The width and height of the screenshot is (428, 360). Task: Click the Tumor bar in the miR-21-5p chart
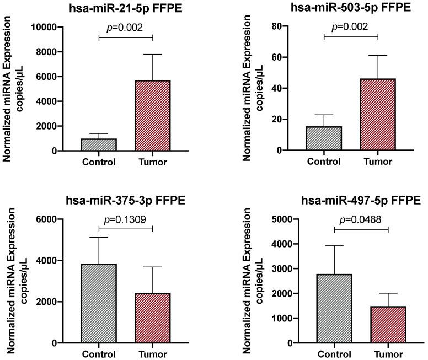pyautogui.click(x=152, y=115)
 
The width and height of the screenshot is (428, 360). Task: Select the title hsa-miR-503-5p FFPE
pyautogui.click(x=351, y=7)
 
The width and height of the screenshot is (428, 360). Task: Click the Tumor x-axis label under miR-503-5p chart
pyautogui.click(x=378, y=163)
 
